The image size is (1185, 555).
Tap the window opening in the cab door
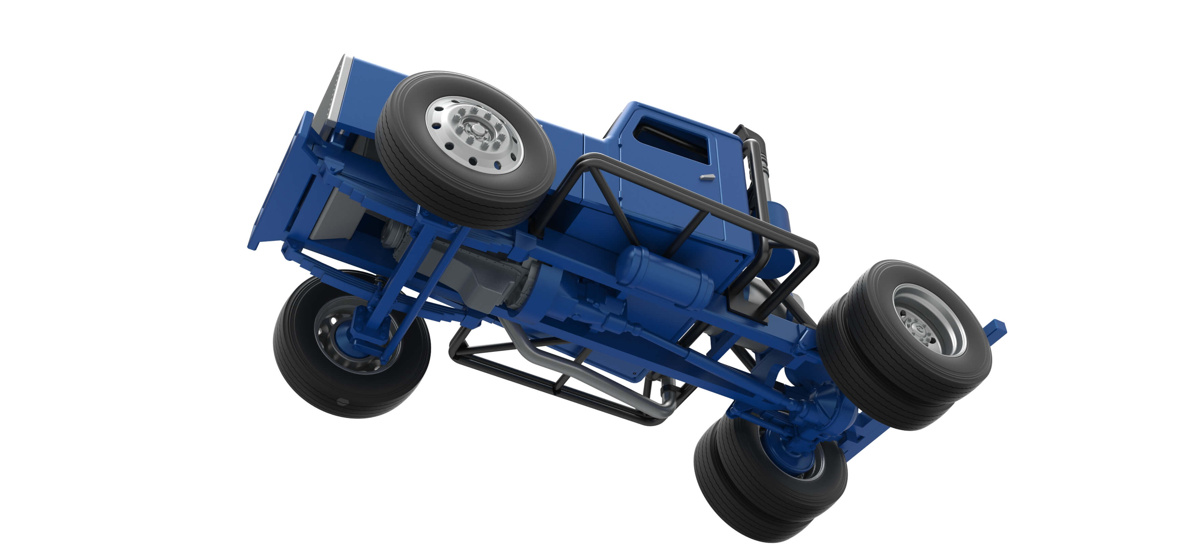(x=672, y=138)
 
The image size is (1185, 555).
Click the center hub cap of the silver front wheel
(x=478, y=133)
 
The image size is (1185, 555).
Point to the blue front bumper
(x=271, y=193)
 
